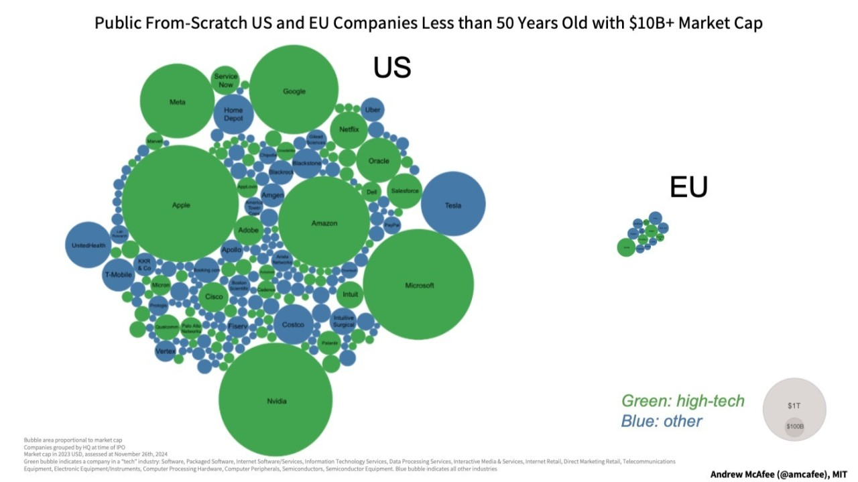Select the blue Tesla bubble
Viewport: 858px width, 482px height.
tap(453, 204)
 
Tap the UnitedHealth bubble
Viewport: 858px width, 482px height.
tap(88, 245)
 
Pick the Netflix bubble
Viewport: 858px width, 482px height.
tap(349, 129)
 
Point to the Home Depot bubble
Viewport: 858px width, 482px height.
tap(233, 115)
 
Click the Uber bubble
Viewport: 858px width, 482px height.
tap(373, 109)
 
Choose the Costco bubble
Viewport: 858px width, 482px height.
tap(293, 324)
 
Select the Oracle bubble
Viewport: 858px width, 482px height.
tap(378, 161)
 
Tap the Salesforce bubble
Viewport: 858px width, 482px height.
tap(404, 191)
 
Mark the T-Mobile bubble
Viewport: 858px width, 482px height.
tap(118, 275)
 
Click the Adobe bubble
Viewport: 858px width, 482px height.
tap(248, 230)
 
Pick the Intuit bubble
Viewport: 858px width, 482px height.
tap(350, 294)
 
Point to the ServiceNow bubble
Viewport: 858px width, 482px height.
tap(226, 80)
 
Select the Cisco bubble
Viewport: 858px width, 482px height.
tap(214, 296)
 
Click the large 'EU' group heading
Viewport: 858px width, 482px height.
tap(688, 188)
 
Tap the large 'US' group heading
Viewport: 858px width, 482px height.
tap(392, 68)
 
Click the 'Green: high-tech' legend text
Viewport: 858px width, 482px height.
tap(682, 401)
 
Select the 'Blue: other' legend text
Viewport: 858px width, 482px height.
tap(662, 422)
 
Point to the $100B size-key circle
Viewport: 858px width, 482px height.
tap(794, 427)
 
